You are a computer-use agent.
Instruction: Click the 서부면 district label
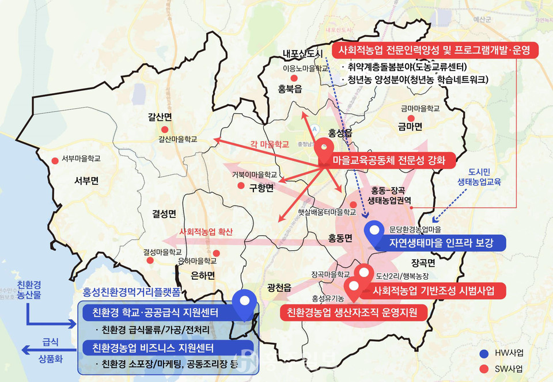coord(86,181)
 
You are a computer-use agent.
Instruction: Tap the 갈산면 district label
coord(160,117)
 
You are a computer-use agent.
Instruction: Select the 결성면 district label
coord(164,214)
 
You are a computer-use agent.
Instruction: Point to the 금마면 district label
coord(410,127)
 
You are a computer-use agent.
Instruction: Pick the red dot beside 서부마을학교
coord(55,161)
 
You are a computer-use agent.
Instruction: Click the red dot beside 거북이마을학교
coord(241,185)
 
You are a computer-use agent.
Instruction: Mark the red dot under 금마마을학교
coord(411,118)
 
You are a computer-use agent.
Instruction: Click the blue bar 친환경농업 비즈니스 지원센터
coord(149,349)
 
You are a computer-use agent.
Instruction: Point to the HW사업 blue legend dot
coord(483,353)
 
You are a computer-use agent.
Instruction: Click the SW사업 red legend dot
coord(483,368)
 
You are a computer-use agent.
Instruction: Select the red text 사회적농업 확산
coord(206,232)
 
